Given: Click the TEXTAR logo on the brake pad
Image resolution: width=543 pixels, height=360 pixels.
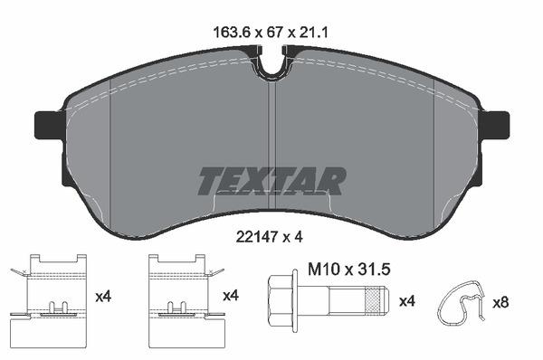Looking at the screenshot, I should point(271,181).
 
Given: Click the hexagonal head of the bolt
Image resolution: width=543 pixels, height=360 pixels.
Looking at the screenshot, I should point(280,298).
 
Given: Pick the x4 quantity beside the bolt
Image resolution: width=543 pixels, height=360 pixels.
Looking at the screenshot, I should point(408,299).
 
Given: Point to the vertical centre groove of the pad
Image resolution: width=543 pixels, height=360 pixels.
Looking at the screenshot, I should point(272,136).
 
